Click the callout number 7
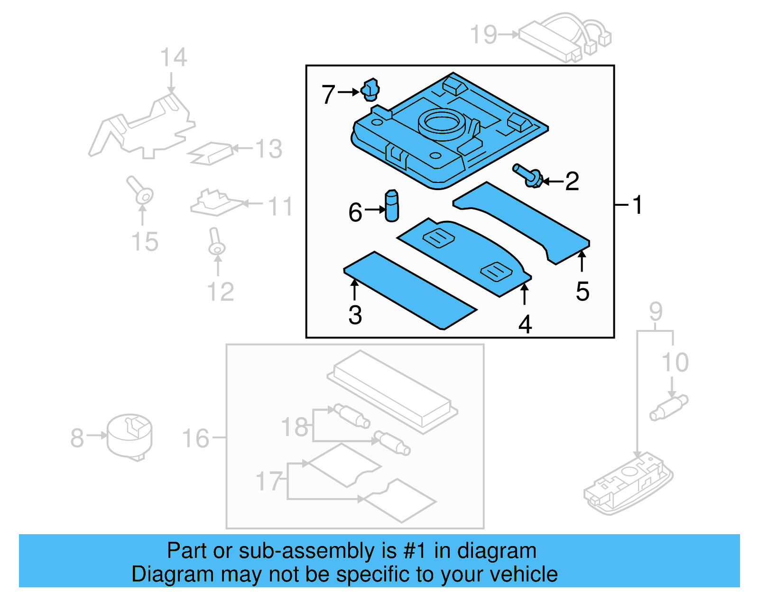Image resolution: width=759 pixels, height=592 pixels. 328,94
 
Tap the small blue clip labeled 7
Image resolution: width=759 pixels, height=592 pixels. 370,90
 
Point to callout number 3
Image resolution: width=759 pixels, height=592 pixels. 355,315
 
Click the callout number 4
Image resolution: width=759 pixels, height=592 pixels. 525,325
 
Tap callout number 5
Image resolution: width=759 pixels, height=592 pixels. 583,291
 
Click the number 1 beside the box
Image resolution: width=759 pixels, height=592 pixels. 638,205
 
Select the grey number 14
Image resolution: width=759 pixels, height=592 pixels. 173,58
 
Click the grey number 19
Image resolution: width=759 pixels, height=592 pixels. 483,35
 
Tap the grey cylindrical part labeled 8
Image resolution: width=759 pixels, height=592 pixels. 130,437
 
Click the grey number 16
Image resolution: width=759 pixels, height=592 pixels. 195,438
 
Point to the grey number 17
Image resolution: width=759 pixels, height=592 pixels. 269,481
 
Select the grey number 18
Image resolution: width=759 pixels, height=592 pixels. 295,427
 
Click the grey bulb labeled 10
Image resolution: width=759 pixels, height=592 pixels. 669,408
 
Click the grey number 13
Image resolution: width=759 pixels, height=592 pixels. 268,149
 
